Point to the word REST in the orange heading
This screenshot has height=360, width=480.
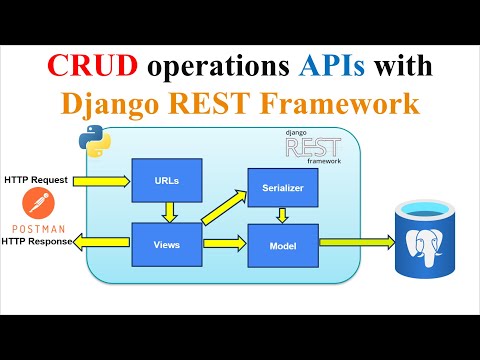point(227,104)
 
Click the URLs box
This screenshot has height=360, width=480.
point(168,181)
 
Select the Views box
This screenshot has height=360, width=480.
point(168,243)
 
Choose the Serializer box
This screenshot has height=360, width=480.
point(283,186)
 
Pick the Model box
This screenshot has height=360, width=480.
point(283,243)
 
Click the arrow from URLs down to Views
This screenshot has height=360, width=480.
point(169,212)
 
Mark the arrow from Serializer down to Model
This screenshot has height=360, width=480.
point(283,214)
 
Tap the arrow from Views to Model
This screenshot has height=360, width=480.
point(225,243)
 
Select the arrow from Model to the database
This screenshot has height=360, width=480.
point(355,242)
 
